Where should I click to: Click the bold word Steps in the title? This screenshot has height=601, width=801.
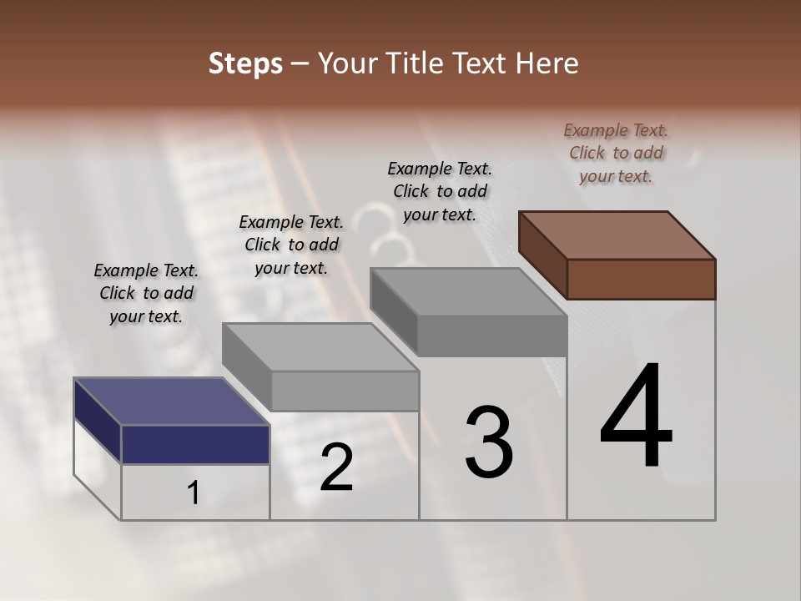245,63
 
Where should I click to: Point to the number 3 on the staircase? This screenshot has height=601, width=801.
489,442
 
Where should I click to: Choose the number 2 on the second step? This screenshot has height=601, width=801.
336,467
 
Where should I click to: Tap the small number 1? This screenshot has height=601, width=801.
194,493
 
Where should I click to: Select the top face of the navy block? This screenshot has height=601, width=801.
170,402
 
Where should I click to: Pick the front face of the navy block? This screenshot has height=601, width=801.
195,444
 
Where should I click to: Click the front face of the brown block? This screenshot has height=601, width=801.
641,279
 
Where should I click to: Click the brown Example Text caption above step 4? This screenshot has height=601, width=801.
616,153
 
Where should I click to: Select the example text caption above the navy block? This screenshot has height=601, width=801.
146,293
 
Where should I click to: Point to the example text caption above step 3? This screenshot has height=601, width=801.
440,191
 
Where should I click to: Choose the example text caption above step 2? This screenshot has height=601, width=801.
291,245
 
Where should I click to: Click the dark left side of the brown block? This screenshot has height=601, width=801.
542,255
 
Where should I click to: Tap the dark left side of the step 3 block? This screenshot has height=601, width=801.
393,311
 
